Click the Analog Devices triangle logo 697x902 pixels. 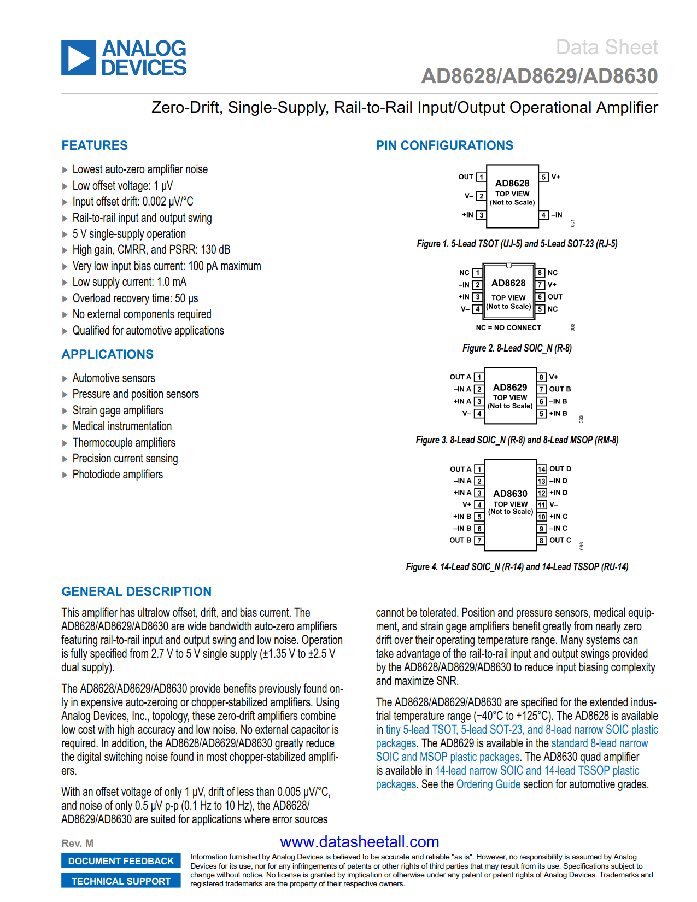pos(79,58)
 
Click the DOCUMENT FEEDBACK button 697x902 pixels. pos(121,861)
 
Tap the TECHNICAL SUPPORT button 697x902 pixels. pos(121,881)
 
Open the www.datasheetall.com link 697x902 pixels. pos(359,842)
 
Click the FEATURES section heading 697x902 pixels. pos(95,145)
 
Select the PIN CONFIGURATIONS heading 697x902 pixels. pos(444,145)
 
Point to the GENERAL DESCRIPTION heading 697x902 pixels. pos(136,591)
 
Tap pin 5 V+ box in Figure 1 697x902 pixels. pos(544,177)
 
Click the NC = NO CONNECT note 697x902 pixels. pos(508,327)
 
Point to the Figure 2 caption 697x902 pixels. pos(517,348)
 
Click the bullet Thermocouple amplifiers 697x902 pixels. pos(124,443)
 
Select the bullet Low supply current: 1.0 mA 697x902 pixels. pos(129,282)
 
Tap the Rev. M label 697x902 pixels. pos(77,844)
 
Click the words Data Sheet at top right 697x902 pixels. pos(606,48)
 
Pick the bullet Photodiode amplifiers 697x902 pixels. pos(118,475)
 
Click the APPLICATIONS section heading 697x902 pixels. pos(107,354)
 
